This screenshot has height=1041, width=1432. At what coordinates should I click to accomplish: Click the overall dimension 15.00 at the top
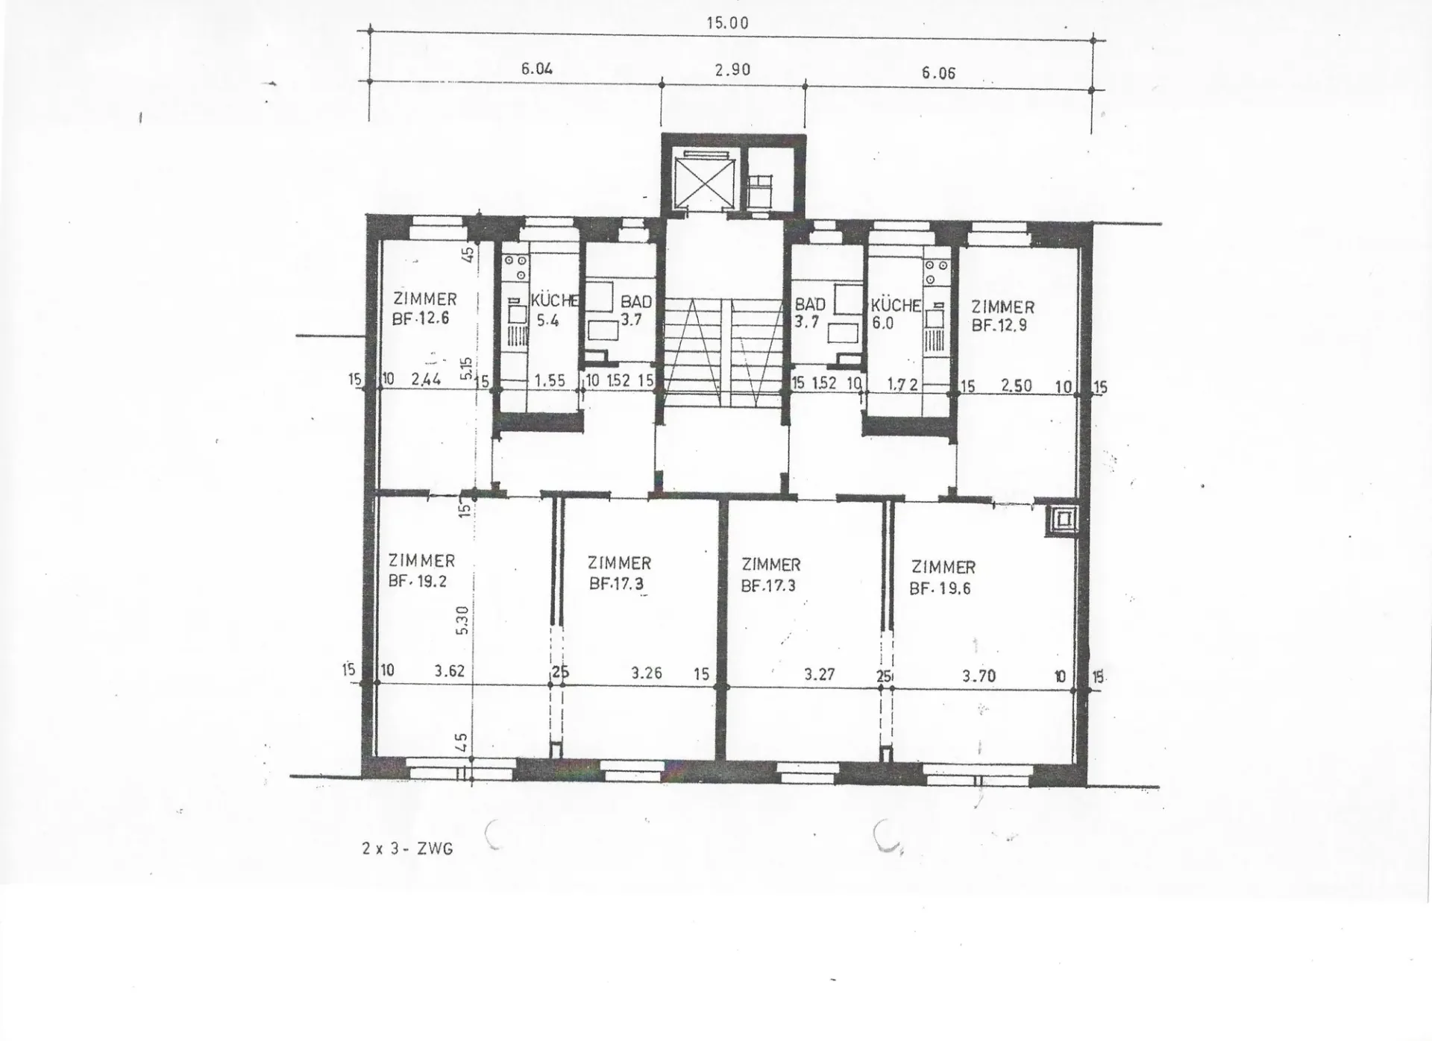coord(727,23)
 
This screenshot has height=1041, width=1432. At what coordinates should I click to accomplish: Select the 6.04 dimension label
coord(537,69)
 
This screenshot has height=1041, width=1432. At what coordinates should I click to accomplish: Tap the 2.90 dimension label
coord(732,70)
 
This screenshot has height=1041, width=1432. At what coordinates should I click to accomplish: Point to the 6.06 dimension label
coord(938,73)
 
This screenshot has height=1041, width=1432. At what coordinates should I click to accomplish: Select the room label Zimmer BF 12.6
coord(424,309)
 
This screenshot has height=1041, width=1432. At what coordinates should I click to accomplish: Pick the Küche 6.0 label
coord(896,314)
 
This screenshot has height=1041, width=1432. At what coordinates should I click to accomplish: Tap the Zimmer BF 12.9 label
coord(1002,315)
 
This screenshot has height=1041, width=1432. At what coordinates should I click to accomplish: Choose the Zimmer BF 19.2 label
coord(421,570)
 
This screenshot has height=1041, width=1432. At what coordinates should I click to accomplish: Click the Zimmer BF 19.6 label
coord(943,578)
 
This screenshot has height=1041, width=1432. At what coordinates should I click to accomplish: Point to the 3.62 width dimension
coord(450,670)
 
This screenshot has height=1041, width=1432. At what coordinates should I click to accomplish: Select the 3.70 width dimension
coord(979,676)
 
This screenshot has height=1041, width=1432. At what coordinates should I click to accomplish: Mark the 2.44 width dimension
coord(426,379)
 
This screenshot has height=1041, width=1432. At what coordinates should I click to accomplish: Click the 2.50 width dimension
coord(1017,386)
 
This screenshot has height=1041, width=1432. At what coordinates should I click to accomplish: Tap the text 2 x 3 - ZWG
coord(407,849)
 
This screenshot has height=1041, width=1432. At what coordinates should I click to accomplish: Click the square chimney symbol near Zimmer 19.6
coord(1061,520)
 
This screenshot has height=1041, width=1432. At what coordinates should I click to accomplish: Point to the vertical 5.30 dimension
coord(462,620)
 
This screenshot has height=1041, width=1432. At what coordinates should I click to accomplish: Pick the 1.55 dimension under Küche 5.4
coord(550,380)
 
